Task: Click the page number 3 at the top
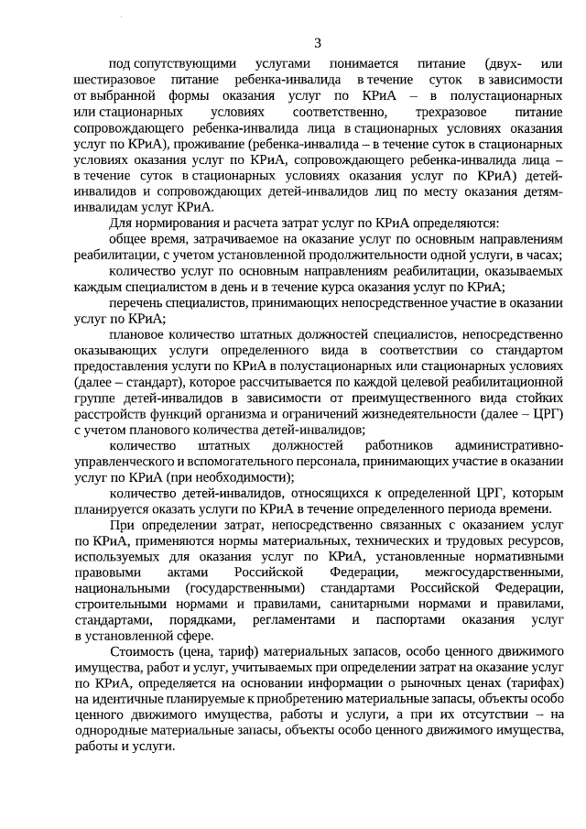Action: pyautogui.click(x=318, y=43)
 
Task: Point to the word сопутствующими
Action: pyautogui.click(x=184, y=64)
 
